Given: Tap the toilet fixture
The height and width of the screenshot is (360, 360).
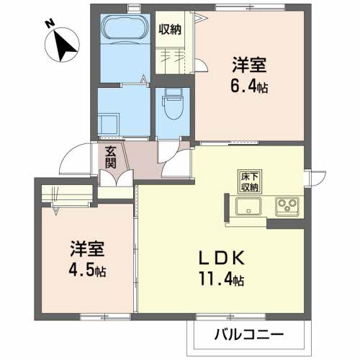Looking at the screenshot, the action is tap(173, 104).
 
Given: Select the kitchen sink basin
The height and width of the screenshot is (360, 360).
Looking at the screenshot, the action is tap(248, 207).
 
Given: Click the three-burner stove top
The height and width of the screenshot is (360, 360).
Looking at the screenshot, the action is tap(287, 207).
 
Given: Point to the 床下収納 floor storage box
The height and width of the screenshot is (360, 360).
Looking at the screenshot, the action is tap(250, 181).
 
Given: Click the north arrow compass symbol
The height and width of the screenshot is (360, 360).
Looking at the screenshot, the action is tap(62, 45).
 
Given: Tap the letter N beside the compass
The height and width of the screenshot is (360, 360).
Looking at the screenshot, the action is tap(50, 24).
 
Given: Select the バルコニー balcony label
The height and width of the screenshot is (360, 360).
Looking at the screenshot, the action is tap(249, 334).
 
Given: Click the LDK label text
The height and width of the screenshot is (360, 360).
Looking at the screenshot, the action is tap(221, 258).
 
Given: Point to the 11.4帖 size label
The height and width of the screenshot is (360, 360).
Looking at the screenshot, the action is tap(221, 279).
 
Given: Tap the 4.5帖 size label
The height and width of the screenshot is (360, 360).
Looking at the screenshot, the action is tap(87, 271).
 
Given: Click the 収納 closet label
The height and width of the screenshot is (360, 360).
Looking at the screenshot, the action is tap(170, 30).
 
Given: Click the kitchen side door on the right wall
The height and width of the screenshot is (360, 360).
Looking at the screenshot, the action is tap(315, 179).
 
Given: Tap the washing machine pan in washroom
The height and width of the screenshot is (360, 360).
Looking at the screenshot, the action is tap(109, 124).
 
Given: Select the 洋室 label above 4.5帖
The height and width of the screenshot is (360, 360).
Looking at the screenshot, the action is tap(87, 249).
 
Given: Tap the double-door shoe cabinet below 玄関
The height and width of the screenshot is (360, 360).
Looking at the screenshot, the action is tap(117, 178).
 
